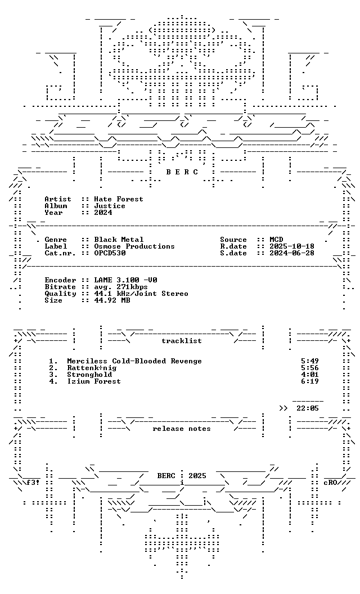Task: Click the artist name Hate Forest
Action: [x=119, y=199]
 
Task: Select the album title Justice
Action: [x=110, y=206]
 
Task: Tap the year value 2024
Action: [x=103, y=213]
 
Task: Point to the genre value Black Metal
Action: [x=119, y=240]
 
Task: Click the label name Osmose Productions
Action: [x=134, y=246]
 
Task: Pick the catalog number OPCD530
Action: [x=110, y=253]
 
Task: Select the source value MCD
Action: [x=276, y=240]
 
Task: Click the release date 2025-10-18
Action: [x=292, y=246]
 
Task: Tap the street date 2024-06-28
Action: [x=292, y=253]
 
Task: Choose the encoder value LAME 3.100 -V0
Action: [x=125, y=280]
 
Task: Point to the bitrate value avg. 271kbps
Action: [x=121, y=287]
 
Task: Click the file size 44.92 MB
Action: [x=112, y=300]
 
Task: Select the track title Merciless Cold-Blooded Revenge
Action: [x=134, y=361]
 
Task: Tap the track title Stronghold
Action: [x=89, y=375]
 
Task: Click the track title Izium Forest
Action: [x=94, y=381]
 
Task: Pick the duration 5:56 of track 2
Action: [x=310, y=368]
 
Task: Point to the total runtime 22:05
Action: [x=308, y=408]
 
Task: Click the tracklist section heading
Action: [x=182, y=341]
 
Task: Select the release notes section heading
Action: [x=182, y=429]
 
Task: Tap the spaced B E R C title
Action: [x=182, y=172]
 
